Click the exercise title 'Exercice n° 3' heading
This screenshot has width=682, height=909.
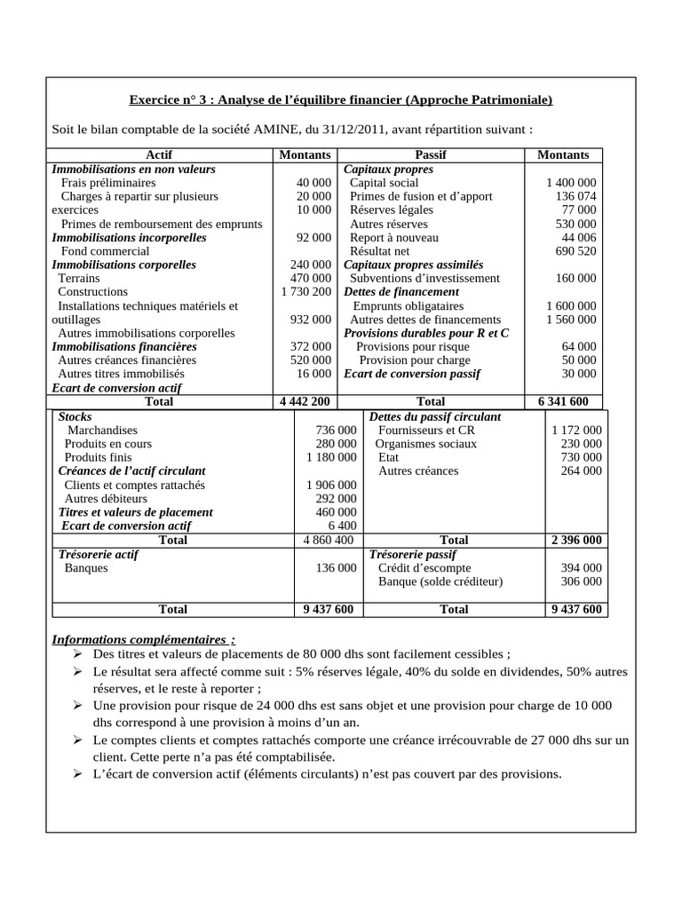pyautogui.click(x=340, y=100)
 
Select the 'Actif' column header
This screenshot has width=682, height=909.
pyautogui.click(x=160, y=154)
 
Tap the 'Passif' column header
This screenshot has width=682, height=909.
pyautogui.click(x=431, y=154)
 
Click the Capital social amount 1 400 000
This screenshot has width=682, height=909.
pyautogui.click(x=571, y=182)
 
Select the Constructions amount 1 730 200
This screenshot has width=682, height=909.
pyautogui.click(x=305, y=291)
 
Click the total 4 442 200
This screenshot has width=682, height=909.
pyautogui.click(x=305, y=401)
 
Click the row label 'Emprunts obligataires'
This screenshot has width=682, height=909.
pyautogui.click(x=415, y=305)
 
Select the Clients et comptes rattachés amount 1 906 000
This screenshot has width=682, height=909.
pyautogui.click(x=330, y=485)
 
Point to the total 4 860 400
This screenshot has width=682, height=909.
pyautogui.click(x=329, y=540)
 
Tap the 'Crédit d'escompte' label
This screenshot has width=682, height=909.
pyautogui.click(x=424, y=567)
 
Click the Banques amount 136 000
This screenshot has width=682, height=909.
pyautogui.click(x=336, y=567)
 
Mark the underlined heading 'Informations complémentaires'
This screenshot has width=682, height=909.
pyautogui.click(x=144, y=639)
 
